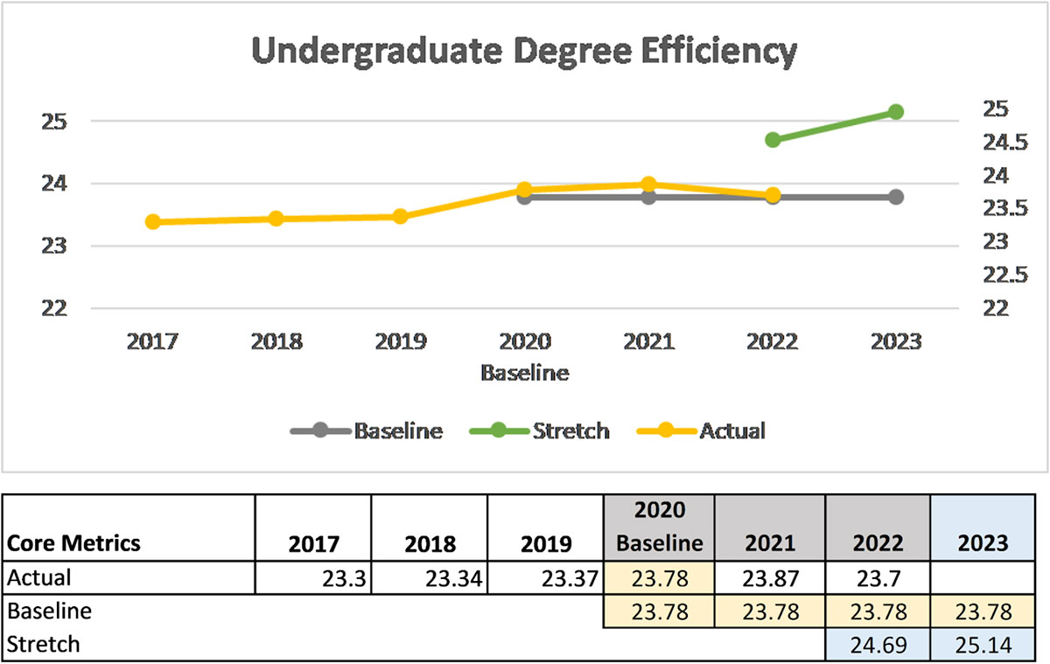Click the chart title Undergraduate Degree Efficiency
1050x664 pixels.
(x=524, y=52)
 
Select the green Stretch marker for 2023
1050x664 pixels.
(x=895, y=111)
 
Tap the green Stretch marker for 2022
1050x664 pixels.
(x=772, y=140)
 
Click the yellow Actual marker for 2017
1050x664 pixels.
(x=153, y=221)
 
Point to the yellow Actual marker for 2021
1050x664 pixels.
(x=648, y=185)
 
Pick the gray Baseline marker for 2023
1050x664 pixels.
(x=895, y=197)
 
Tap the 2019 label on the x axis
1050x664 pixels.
(x=400, y=341)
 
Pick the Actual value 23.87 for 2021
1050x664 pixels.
(x=770, y=577)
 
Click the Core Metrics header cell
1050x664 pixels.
(x=74, y=542)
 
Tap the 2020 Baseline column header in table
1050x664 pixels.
(x=659, y=527)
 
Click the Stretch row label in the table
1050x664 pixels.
(x=44, y=645)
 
